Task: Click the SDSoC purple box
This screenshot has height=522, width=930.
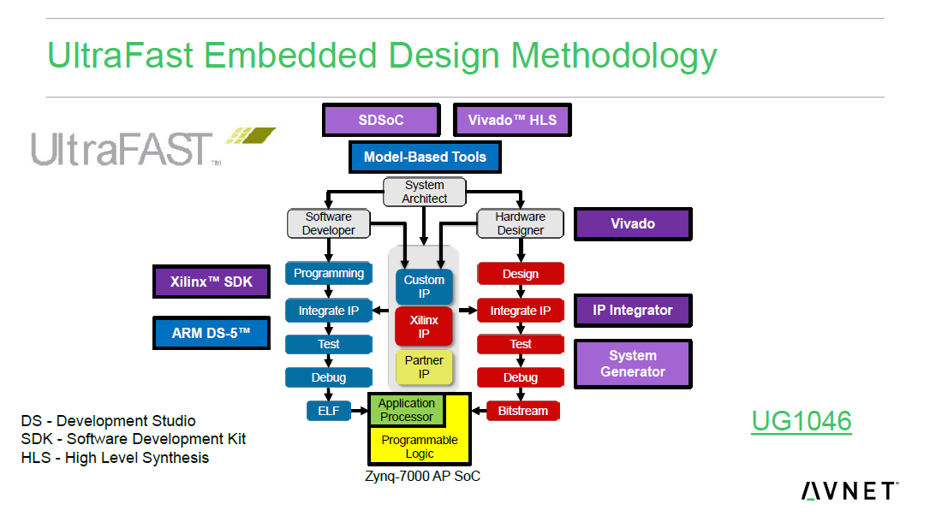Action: click(381, 120)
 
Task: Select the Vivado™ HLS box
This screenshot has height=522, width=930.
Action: click(512, 120)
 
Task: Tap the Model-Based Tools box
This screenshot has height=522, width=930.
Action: click(425, 157)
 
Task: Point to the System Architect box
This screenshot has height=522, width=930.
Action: click(425, 192)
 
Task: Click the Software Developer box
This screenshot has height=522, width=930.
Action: click(329, 223)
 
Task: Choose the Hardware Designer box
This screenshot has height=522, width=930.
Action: click(521, 223)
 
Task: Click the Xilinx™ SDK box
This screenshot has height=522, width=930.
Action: click(211, 282)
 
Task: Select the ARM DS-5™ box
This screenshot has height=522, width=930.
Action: click(211, 333)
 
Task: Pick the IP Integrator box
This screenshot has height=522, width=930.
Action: click(633, 311)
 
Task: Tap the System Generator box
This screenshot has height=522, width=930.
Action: click(633, 364)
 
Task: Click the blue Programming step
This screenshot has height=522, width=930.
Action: click(329, 274)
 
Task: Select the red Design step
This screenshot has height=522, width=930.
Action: click(521, 274)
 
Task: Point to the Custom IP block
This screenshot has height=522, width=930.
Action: click(425, 287)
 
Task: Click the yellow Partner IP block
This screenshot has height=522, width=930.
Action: click(425, 367)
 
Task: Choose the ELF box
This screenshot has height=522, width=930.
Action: click(329, 411)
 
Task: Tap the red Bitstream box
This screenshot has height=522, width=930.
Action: click(522, 411)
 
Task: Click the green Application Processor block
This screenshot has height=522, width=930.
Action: click(407, 410)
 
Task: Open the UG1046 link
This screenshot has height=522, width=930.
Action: click(802, 421)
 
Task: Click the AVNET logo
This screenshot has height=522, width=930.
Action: click(849, 490)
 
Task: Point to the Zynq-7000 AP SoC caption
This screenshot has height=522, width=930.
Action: click(423, 476)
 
